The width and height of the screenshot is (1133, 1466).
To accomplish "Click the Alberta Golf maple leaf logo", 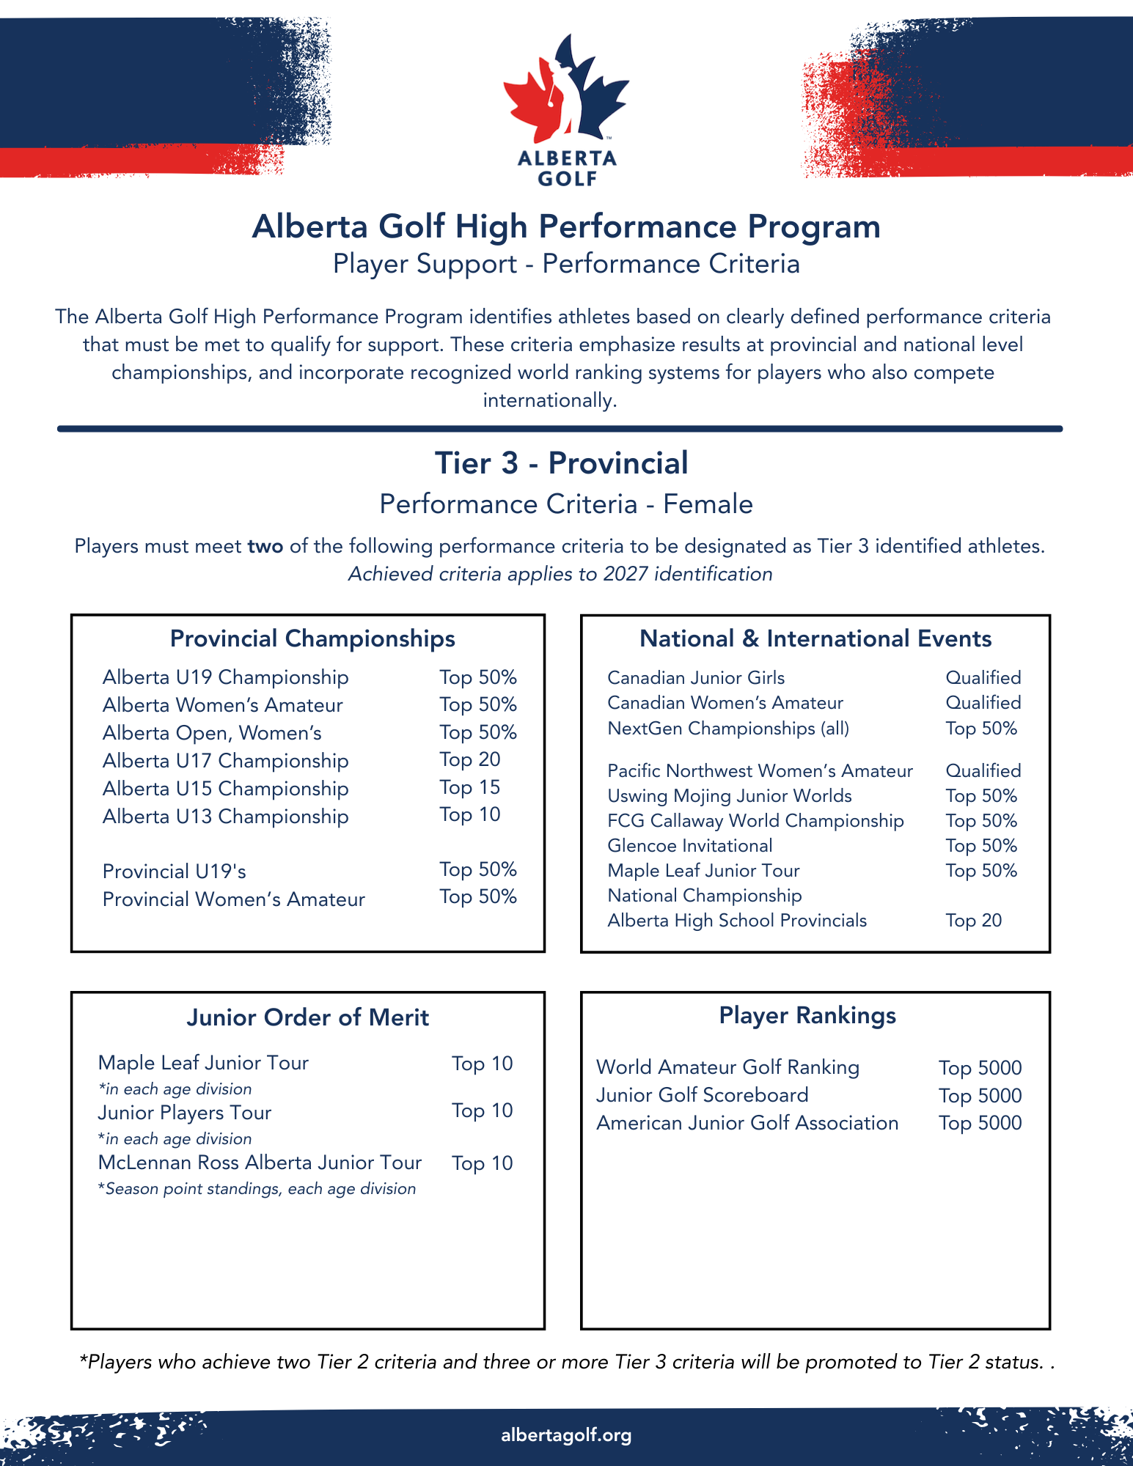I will (566, 92).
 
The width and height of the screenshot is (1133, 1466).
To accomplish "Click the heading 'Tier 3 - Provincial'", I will (561, 463).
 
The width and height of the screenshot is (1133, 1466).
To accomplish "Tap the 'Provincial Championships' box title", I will (312, 638).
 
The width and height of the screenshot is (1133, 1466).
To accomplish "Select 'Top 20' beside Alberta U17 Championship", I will (470, 760).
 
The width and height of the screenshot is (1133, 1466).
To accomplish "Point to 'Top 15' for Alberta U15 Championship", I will (470, 788).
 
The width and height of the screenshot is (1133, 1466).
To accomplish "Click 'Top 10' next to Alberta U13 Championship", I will (470, 815).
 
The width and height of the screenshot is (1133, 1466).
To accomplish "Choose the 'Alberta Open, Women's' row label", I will (212, 733).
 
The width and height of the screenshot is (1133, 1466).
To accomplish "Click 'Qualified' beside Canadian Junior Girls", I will (983, 678).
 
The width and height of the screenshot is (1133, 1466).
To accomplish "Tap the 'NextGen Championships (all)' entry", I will (728, 729).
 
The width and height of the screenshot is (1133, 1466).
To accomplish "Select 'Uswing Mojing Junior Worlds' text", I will (730, 796).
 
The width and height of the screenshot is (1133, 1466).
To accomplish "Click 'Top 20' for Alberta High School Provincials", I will (973, 921).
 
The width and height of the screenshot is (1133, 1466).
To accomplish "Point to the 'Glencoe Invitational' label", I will (690, 846).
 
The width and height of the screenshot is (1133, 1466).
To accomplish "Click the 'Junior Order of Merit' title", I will (307, 1017).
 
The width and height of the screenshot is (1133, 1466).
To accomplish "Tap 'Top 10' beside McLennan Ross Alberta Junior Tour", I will (482, 1163).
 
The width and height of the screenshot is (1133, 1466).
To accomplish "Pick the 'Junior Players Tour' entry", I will (185, 1113).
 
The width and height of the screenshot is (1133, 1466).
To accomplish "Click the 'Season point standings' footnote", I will (257, 1189).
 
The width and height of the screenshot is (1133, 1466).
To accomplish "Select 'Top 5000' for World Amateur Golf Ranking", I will (980, 1068).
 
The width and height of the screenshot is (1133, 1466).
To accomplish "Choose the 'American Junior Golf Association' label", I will (747, 1124).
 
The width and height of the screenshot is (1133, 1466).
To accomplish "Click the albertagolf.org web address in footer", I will (566, 1435).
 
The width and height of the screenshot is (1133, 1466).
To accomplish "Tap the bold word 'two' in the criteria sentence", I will (265, 547).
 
